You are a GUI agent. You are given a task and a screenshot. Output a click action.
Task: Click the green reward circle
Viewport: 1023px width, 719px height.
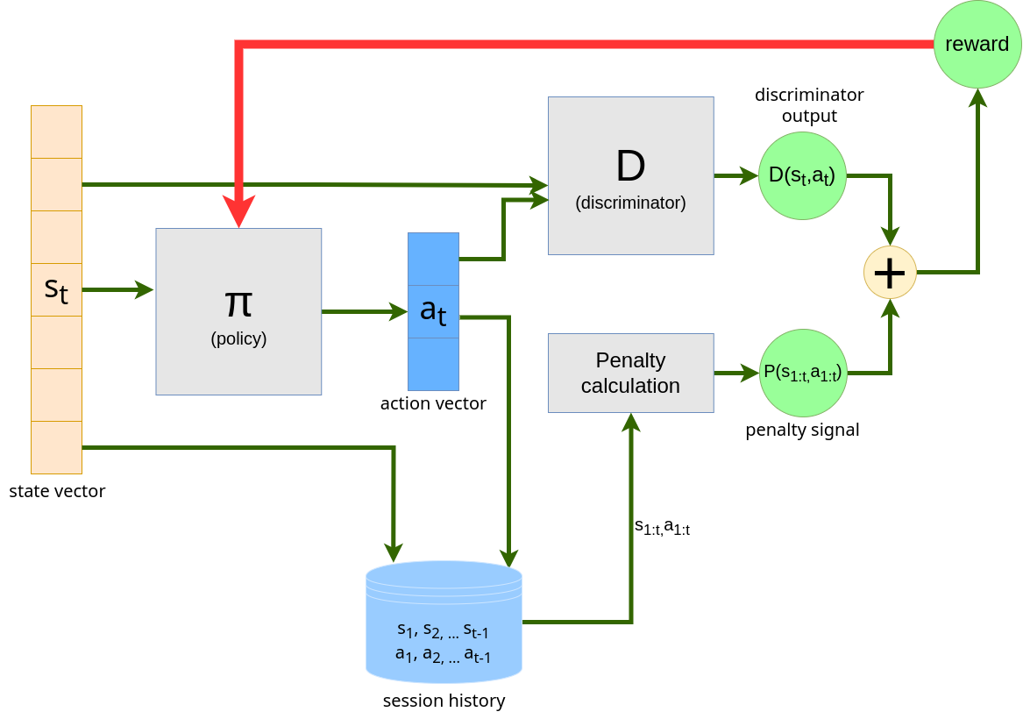click(977, 44)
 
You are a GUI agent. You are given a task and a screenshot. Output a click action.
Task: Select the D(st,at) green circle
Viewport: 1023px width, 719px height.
click(802, 175)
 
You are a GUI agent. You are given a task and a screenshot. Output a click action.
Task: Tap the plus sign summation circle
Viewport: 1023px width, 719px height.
click(890, 272)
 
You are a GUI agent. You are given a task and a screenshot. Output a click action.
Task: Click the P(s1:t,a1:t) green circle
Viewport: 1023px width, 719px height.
click(803, 373)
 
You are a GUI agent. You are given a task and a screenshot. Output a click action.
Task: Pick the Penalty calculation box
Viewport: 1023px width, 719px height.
click(630, 373)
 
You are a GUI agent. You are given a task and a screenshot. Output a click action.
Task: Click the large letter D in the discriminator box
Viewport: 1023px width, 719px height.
click(630, 165)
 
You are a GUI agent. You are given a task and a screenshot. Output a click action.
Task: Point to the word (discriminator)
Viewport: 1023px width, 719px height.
click(630, 203)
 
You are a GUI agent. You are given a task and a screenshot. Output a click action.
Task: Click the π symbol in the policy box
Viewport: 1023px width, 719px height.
click(238, 301)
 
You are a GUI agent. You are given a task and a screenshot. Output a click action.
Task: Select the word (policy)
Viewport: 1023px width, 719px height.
click(238, 338)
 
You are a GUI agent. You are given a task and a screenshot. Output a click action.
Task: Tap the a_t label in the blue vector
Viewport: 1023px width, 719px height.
click(433, 310)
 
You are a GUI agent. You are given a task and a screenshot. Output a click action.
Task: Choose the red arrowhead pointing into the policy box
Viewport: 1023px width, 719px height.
click(238, 211)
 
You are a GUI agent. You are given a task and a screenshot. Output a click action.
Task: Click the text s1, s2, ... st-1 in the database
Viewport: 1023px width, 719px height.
click(443, 629)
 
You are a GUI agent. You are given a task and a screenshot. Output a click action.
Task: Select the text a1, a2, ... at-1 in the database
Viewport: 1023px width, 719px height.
click(443, 653)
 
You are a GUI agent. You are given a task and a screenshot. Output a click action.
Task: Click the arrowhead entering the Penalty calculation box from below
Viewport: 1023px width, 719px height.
click(630, 424)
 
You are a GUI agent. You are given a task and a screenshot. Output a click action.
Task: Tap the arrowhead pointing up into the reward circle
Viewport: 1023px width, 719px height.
click(977, 97)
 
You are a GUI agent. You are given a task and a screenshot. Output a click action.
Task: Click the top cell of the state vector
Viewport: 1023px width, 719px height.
click(56, 132)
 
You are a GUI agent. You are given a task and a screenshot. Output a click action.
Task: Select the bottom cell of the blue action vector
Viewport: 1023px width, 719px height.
click(433, 364)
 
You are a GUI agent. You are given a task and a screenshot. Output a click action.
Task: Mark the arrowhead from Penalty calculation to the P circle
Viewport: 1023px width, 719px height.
click(749, 373)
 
